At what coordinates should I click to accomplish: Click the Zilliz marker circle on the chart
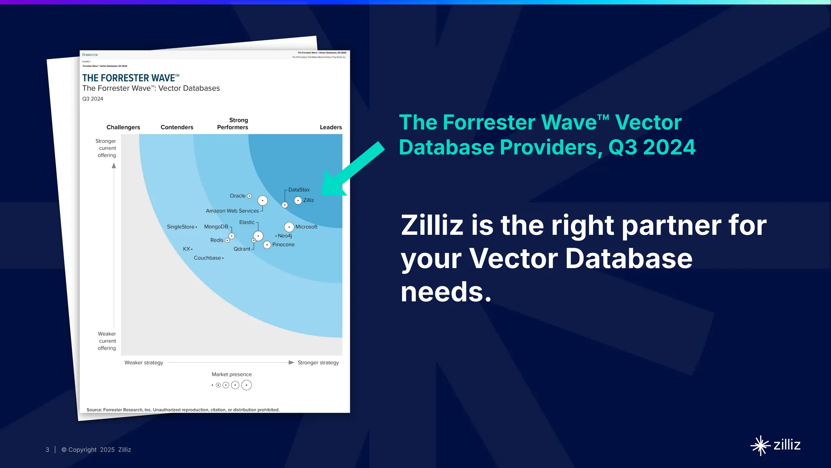click(298, 200)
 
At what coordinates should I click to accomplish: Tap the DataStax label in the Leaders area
click(299, 190)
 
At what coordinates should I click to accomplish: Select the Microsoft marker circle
click(289, 227)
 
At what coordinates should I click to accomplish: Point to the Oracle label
click(237, 196)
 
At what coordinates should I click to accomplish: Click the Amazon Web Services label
click(232, 211)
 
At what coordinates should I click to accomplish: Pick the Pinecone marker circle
click(267, 245)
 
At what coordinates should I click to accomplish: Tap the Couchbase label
click(207, 258)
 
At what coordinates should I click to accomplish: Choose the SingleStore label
click(181, 227)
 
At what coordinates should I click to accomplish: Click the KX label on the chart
click(186, 249)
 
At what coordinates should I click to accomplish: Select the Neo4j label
click(285, 236)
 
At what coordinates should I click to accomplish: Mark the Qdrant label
click(242, 249)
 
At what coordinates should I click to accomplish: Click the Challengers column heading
click(123, 127)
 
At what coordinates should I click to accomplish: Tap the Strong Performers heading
click(233, 123)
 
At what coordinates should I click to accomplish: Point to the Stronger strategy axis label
click(318, 362)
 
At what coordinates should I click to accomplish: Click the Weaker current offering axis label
click(107, 341)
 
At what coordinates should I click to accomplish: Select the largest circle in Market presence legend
click(246, 385)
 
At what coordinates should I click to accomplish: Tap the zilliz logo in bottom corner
click(775, 445)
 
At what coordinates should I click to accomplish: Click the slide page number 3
click(47, 450)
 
